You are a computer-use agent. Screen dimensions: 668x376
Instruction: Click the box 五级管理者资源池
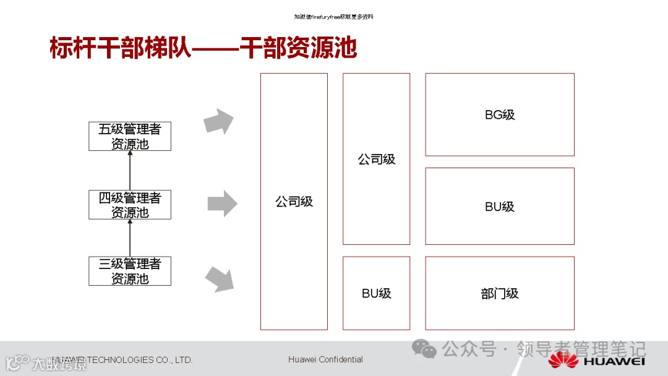130,136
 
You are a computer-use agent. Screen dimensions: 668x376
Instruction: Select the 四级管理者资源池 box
130,205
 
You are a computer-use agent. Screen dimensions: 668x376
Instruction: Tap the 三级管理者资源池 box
130,271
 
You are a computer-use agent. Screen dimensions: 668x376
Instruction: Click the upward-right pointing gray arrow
219,121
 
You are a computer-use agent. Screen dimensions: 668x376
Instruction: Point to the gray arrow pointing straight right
222,203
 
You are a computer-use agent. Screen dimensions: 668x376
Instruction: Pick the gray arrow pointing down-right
219,280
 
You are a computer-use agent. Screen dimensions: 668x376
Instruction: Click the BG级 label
500,115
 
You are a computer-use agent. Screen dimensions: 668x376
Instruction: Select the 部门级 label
500,294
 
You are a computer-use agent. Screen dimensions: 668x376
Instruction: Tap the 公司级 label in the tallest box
294,202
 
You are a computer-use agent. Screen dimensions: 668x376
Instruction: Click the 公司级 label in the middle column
376,160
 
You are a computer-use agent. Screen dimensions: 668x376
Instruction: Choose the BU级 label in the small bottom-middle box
376,294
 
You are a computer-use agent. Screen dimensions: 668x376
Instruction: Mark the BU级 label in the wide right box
500,207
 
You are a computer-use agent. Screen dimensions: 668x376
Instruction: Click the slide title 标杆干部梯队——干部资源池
203,48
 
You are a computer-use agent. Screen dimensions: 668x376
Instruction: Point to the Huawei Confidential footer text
325,359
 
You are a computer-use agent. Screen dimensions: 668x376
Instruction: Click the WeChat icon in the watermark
425,349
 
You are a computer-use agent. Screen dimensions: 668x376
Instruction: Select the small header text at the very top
333,17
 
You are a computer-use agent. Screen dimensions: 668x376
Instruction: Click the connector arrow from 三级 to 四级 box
130,237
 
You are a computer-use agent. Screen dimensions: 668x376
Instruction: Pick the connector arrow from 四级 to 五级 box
130,170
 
